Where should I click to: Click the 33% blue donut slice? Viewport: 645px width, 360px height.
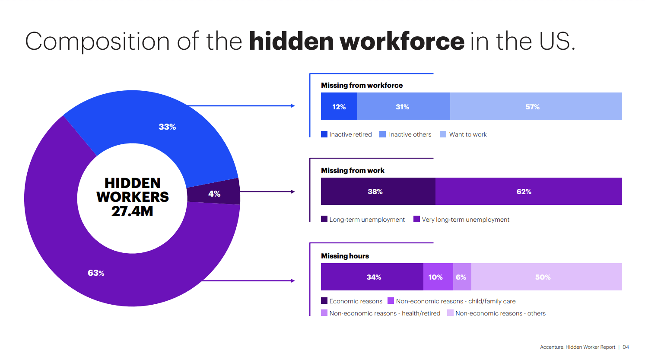click(x=167, y=127)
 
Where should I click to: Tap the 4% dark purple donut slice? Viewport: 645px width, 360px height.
click(x=214, y=193)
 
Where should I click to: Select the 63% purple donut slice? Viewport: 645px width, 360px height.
click(x=96, y=273)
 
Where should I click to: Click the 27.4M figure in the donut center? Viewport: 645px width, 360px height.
click(x=132, y=211)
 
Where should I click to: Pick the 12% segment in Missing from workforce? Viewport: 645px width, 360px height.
click(x=339, y=106)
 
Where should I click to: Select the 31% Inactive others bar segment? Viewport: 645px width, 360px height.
click(x=403, y=106)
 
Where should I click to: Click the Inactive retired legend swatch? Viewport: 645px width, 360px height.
click(x=324, y=134)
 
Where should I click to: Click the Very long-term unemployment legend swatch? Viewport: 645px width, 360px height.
click(x=416, y=219)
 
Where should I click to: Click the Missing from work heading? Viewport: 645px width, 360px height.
click(x=353, y=170)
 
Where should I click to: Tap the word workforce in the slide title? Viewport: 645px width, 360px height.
click(x=402, y=41)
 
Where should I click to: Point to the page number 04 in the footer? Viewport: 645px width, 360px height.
click(x=626, y=347)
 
